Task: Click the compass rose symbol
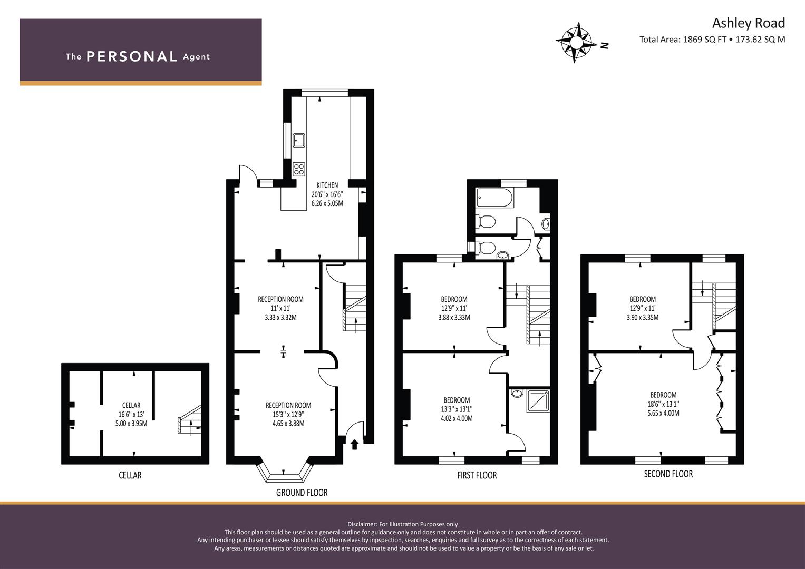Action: (x=574, y=43)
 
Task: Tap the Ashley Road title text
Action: (x=749, y=23)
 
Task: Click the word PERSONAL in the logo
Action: (x=132, y=56)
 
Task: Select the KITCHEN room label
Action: (x=327, y=185)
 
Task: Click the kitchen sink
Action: (x=299, y=140)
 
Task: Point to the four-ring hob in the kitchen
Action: (x=299, y=169)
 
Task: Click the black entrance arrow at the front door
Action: (x=354, y=444)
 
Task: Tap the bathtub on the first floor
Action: (x=494, y=198)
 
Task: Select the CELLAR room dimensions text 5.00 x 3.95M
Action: (x=131, y=424)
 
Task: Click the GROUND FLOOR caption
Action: (x=302, y=493)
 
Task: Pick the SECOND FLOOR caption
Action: (x=668, y=474)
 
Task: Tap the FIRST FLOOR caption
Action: (x=477, y=475)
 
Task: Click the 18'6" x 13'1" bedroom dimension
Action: (x=663, y=404)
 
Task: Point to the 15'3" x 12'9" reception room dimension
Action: (x=288, y=414)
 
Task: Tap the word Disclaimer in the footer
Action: (x=362, y=524)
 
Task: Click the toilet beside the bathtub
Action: (x=486, y=221)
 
